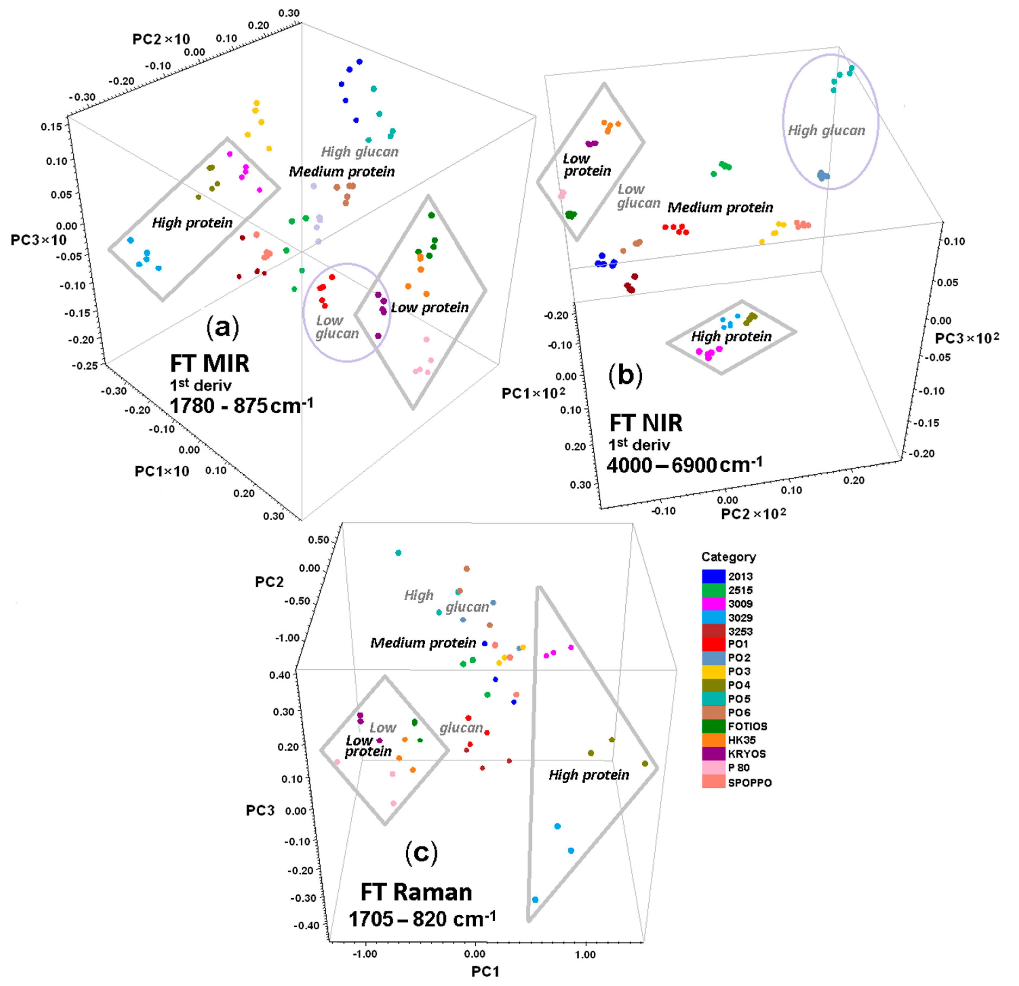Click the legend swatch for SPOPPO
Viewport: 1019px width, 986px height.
(713, 782)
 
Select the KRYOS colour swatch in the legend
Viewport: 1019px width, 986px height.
(713, 753)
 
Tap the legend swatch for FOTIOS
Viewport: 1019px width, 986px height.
(713, 726)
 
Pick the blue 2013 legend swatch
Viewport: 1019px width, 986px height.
(713, 576)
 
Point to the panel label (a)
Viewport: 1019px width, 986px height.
(222, 327)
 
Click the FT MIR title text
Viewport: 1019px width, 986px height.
(210, 363)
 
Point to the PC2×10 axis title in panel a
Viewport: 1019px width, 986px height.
(161, 39)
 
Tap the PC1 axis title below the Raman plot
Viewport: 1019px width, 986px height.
(485, 971)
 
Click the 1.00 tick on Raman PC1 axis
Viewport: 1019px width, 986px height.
(585, 954)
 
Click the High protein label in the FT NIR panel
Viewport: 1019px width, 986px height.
(731, 337)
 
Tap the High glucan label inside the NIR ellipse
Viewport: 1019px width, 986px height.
(826, 131)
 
